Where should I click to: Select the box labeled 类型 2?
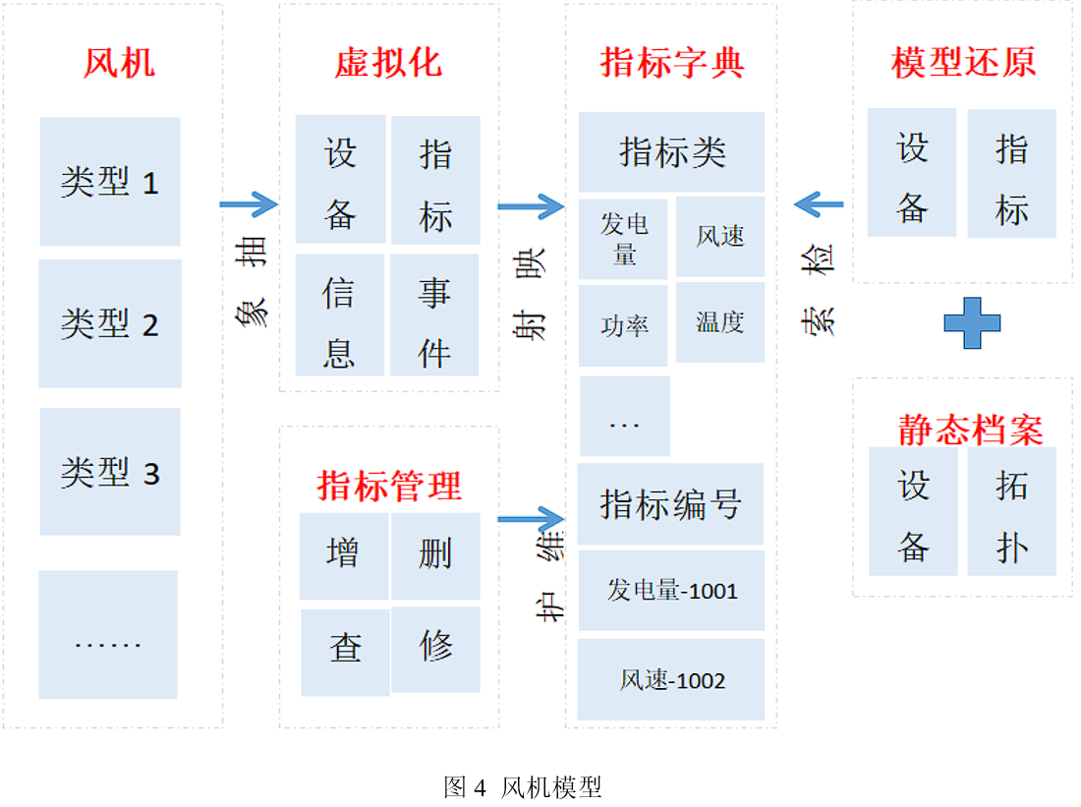(110, 323)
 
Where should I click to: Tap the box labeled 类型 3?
(110, 472)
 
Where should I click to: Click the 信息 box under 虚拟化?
(339, 315)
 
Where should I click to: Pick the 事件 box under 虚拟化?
(434, 315)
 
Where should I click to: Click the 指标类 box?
(671, 151)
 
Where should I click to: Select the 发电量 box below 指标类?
(623, 239)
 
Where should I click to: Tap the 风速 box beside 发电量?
(720, 237)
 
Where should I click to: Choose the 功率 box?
(623, 325)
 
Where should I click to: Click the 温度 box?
(720, 322)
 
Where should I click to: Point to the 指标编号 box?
(670, 504)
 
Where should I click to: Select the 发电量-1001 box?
(671, 591)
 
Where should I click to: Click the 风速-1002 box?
(671, 679)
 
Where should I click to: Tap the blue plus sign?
(972, 323)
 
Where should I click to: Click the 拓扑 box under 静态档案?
(1011, 511)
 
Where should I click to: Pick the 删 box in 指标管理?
(435, 555)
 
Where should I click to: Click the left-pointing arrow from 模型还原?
(819, 204)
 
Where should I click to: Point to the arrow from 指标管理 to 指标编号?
(531, 519)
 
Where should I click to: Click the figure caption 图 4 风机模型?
(522, 786)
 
